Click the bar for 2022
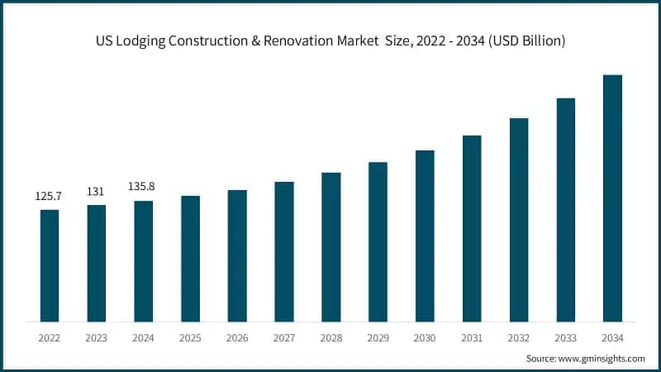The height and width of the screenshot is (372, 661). click(x=50, y=265)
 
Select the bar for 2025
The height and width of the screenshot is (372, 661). click(x=190, y=258)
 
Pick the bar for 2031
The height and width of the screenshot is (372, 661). click(x=472, y=228)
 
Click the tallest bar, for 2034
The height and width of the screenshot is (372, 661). click(x=612, y=198)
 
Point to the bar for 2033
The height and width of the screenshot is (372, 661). click(x=565, y=210)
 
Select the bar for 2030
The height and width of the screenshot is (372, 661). click(x=425, y=236)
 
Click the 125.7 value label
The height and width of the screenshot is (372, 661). click(x=50, y=197)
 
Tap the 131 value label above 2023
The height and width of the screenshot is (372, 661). click(x=96, y=192)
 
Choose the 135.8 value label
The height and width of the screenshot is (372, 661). click(x=143, y=187)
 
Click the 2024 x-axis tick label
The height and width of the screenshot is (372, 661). click(x=143, y=338)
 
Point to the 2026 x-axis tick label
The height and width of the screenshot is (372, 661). click(x=237, y=338)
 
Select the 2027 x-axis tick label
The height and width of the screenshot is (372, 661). click(x=284, y=338)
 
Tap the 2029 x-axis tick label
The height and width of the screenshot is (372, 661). click(x=378, y=338)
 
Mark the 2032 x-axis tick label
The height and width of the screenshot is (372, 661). click(x=519, y=338)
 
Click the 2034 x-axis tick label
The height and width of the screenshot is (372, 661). click(x=612, y=338)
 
